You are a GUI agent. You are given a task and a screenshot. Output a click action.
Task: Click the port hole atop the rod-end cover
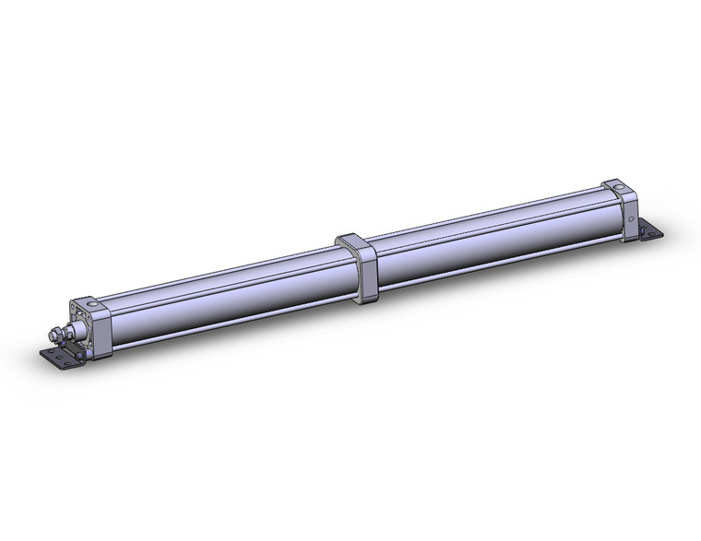click(x=91, y=303)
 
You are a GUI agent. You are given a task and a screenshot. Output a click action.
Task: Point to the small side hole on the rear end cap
click(x=630, y=218)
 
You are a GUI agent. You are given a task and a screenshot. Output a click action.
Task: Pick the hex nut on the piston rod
click(x=58, y=333)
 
